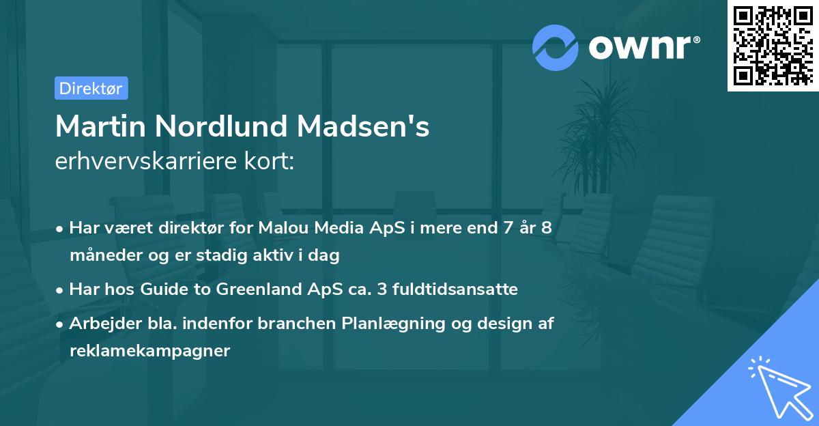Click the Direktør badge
tap(91, 88)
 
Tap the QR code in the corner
tap(773, 45)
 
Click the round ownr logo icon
tap(556, 47)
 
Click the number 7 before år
tap(506, 228)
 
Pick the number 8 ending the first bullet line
tap(546, 228)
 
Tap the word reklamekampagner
tap(149, 351)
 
